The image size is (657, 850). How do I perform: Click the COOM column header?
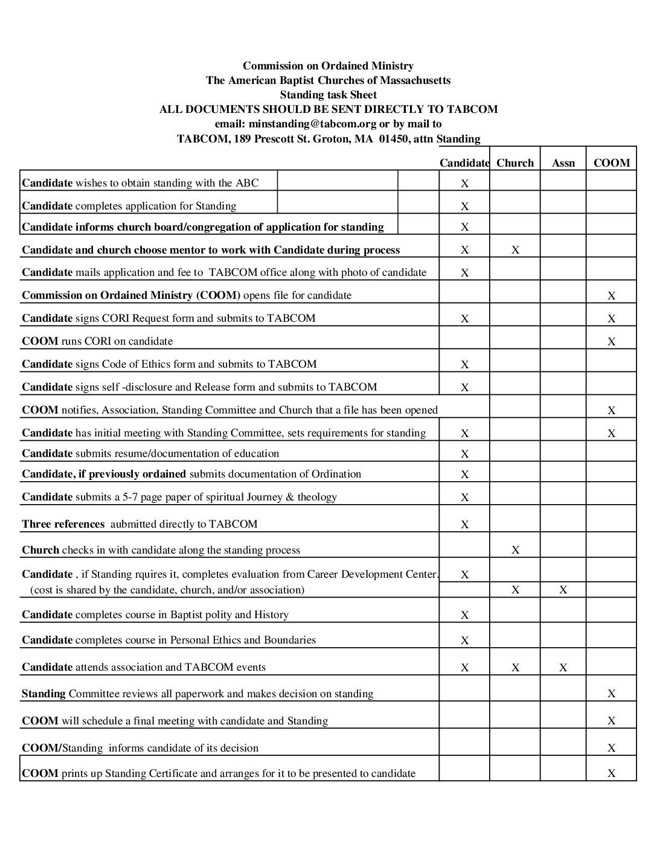[x=611, y=162]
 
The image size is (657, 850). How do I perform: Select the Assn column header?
[x=563, y=162]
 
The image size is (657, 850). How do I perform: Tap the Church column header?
[x=515, y=162]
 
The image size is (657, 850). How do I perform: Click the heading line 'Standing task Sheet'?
[x=328, y=95]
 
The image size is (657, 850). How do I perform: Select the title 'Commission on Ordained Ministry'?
[x=328, y=66]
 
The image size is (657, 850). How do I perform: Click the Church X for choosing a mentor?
[x=515, y=250]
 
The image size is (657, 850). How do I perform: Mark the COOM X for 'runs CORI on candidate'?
[x=611, y=342]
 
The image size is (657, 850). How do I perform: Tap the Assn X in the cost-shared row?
[x=563, y=590]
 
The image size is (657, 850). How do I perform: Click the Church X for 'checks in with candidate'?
[x=515, y=550]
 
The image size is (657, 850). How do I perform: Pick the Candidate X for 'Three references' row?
[x=464, y=525]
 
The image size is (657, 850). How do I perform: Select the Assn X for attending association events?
[x=563, y=668]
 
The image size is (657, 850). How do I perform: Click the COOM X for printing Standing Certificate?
[x=611, y=773]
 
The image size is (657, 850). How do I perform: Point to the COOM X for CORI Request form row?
[x=611, y=319]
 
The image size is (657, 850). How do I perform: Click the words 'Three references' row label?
[x=63, y=524]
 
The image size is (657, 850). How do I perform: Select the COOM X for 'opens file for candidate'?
[x=611, y=296]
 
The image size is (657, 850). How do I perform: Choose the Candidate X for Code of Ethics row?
[x=464, y=365]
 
